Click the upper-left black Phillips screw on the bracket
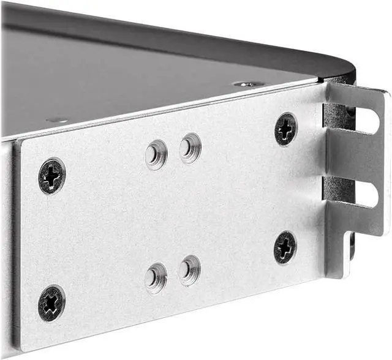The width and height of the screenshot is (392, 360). [52, 176]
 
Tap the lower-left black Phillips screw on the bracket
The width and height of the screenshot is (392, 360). [51, 302]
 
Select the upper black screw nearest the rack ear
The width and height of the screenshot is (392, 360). [285, 129]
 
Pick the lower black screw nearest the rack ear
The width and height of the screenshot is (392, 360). [285, 247]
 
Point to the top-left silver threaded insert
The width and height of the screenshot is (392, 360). [156, 154]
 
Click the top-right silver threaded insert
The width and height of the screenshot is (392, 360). [190, 148]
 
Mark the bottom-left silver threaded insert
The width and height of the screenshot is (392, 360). [156, 277]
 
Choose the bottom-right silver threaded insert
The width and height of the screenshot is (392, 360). [190, 269]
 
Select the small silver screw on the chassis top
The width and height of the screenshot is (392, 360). [249, 83]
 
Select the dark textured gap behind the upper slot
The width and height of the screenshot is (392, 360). [334, 116]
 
